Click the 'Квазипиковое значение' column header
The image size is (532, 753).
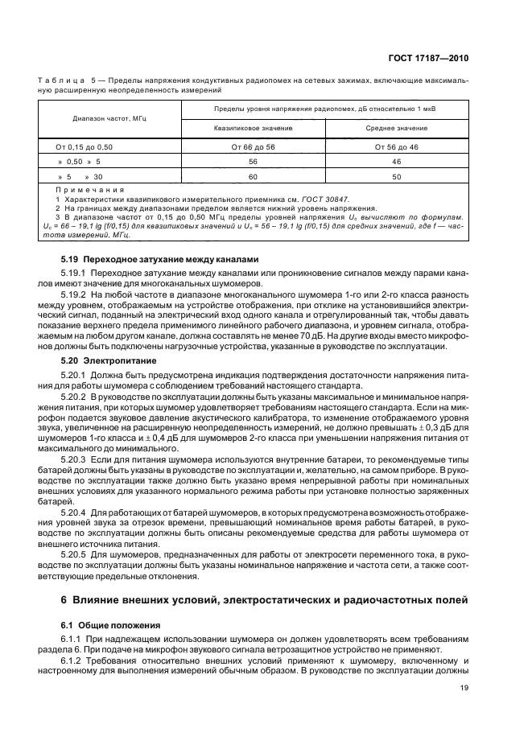click(x=253, y=128)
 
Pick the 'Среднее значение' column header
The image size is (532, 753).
click(x=396, y=128)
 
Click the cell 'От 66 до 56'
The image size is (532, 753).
click(x=253, y=147)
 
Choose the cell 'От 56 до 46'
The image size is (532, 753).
click(x=396, y=147)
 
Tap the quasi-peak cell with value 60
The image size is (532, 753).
click(x=253, y=175)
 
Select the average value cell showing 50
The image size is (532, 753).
click(x=396, y=175)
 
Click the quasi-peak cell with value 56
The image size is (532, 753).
click(x=253, y=162)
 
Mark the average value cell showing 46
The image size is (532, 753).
click(x=396, y=162)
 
